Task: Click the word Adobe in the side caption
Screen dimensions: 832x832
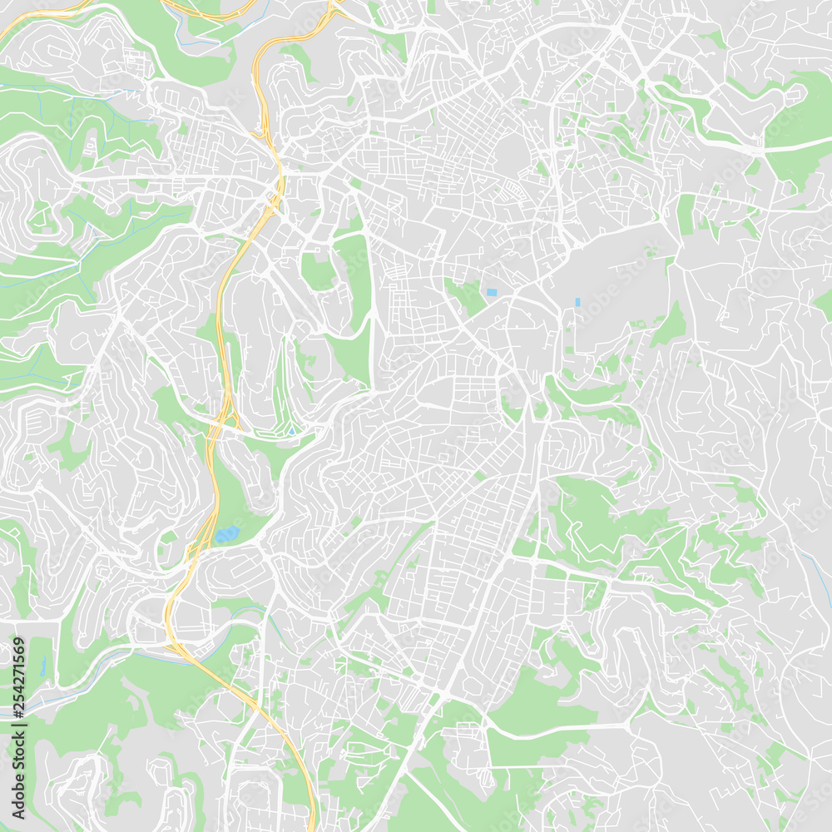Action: [18, 798]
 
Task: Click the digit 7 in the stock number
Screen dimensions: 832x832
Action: [18, 673]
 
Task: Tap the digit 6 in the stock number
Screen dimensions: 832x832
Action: [18, 651]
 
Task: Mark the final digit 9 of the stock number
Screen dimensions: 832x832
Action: [18, 641]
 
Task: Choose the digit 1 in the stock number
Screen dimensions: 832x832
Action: [18, 664]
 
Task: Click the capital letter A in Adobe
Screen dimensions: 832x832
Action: [18, 819]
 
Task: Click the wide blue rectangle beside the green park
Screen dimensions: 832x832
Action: [491, 292]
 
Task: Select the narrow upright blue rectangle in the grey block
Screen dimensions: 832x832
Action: [577, 301]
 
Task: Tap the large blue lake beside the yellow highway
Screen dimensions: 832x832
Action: [226, 533]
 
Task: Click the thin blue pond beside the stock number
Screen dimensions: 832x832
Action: [42, 666]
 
